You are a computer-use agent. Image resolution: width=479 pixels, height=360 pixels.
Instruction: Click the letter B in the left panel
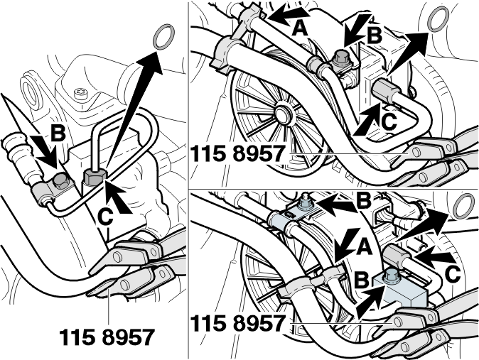58,133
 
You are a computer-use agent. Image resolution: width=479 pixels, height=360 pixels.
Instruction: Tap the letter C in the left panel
106,217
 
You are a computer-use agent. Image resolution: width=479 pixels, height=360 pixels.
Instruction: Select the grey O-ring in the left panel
163,37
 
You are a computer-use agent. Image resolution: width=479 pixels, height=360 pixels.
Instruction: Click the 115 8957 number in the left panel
107,337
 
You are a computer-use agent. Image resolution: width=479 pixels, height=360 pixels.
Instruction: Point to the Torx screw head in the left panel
81,92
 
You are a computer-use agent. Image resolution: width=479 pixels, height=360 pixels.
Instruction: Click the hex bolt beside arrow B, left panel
59,181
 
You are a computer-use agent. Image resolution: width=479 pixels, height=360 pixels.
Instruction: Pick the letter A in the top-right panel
300,29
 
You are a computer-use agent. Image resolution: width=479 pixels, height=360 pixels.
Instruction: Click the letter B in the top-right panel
375,36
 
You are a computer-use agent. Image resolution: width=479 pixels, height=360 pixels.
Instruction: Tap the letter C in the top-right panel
389,122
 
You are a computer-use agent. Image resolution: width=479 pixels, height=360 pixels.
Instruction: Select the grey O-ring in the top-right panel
438,19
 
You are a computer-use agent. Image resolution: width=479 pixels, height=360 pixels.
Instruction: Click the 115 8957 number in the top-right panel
238,153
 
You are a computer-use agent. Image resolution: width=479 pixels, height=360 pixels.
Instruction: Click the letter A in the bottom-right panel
365,246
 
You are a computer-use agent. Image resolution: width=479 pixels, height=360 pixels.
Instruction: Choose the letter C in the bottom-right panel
453,274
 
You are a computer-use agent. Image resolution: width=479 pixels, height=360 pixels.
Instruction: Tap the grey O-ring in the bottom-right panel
464,206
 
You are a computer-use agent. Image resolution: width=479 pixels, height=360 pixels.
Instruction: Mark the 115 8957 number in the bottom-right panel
238,323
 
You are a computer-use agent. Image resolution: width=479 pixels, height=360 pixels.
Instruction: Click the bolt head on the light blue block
389,275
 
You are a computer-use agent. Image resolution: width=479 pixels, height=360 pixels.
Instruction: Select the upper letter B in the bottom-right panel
364,201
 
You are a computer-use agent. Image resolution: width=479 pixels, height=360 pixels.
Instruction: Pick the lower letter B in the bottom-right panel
362,280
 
